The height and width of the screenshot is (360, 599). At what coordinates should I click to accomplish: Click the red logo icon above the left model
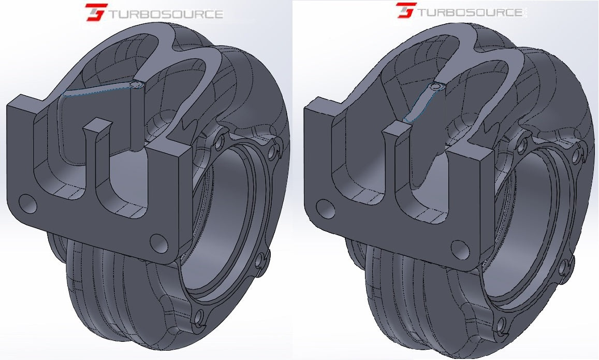(96, 12)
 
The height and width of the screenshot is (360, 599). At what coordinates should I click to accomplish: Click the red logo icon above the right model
(406, 10)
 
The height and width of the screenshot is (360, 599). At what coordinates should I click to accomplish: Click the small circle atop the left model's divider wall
(136, 84)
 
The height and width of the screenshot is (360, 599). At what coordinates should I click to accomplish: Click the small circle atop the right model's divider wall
(436, 87)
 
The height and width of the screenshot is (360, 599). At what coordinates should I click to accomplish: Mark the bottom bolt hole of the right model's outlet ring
(500, 324)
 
